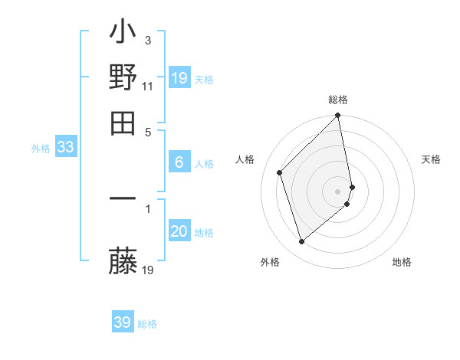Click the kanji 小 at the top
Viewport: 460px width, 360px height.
tap(123, 34)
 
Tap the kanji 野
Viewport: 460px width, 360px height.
tap(123, 77)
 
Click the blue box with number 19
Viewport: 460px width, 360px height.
tap(179, 78)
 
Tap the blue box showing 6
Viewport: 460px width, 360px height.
tap(179, 162)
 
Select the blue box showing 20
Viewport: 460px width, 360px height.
tap(179, 231)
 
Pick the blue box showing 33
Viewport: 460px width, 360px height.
tap(65, 147)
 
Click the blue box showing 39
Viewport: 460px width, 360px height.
tap(122, 322)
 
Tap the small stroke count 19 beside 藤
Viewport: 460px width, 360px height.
tap(149, 270)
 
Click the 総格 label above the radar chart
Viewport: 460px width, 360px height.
tap(338, 100)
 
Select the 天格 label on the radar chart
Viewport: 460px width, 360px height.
tap(432, 159)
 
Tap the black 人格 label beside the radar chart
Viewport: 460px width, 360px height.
tap(245, 159)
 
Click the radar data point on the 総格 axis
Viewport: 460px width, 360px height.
tap(338, 116)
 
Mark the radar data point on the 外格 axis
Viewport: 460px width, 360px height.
tap(302, 242)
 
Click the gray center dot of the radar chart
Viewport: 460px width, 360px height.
tap(338, 191)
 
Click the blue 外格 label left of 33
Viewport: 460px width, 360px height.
tap(40, 149)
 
